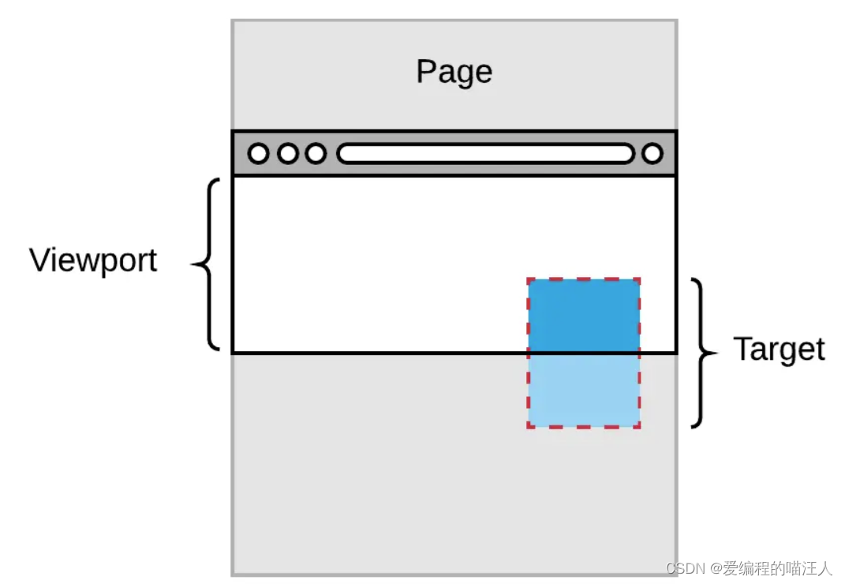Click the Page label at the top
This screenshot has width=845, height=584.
pyautogui.click(x=454, y=73)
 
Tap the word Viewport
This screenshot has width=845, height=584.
pyautogui.click(x=93, y=260)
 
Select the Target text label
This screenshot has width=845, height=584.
pyautogui.click(x=779, y=350)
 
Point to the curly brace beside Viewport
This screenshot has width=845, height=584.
pyautogui.click(x=207, y=264)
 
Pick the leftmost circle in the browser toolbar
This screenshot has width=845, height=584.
pyautogui.click(x=258, y=153)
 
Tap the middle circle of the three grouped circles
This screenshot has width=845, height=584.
pyautogui.click(x=287, y=153)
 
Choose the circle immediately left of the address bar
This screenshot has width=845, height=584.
pyautogui.click(x=316, y=153)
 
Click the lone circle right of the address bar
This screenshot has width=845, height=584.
pyautogui.click(x=652, y=153)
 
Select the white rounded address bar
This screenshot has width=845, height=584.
pyautogui.click(x=485, y=153)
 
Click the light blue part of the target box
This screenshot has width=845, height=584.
pyautogui.click(x=584, y=390)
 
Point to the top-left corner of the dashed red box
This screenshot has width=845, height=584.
pyautogui.click(x=529, y=279)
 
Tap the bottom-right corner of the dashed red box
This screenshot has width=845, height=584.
pyautogui.click(x=639, y=427)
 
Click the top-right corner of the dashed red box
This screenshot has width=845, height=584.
pyautogui.click(x=639, y=279)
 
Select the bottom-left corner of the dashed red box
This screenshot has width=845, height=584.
pyautogui.click(x=529, y=427)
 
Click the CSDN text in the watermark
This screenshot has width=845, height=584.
pyautogui.click(x=684, y=568)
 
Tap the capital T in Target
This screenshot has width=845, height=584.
pyautogui.click(x=742, y=350)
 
